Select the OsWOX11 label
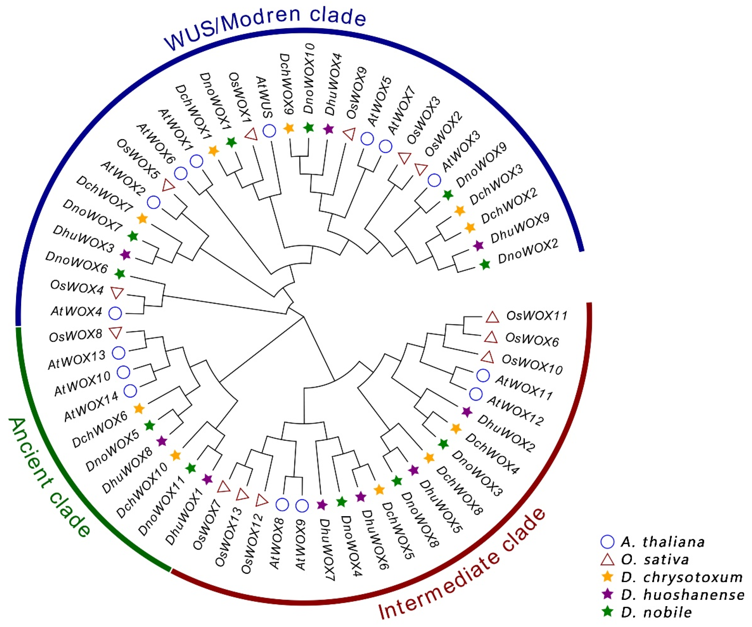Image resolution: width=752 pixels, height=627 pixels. pos(536,316)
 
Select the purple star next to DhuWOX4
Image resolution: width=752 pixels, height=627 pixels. pos(328,129)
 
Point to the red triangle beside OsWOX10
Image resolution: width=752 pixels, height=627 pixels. pos(487,357)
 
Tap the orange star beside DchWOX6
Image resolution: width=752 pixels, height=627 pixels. pos(139,408)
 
